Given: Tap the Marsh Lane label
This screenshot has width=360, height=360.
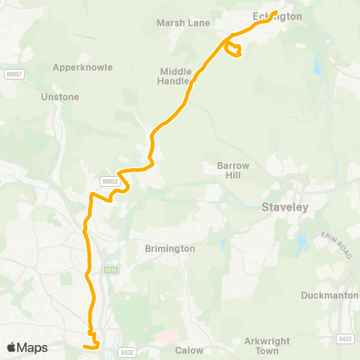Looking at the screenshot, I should (x=183, y=22).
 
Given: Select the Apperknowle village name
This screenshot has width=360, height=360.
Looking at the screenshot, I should (x=82, y=67).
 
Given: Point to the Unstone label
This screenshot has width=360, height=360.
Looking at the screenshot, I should (x=61, y=97).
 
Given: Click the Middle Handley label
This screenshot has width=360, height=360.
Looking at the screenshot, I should (x=176, y=76).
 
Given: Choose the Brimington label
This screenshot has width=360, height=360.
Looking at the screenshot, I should (x=170, y=248).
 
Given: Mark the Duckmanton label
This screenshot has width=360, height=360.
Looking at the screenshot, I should (x=329, y=295).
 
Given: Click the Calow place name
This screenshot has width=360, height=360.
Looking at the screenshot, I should (x=189, y=349).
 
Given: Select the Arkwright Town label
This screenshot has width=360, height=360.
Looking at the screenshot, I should (x=267, y=345).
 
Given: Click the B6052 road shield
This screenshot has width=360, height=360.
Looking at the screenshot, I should (x=110, y=181).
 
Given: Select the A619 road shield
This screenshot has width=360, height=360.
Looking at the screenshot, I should (x=112, y=270).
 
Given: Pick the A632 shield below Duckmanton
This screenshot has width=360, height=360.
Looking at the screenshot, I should (x=345, y=339).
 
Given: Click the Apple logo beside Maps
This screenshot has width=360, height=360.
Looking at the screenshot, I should (x=11, y=347).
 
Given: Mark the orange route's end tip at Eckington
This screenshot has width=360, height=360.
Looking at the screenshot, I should (x=275, y=12).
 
